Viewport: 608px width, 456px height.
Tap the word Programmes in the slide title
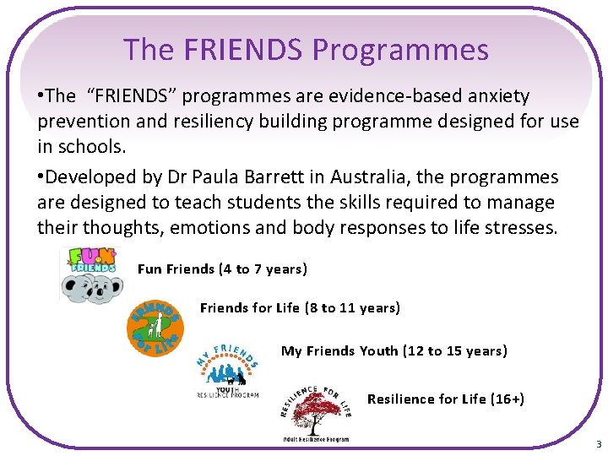coord(400,50)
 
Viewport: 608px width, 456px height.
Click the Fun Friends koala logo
coord(93,274)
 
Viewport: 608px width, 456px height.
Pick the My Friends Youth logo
coord(227,367)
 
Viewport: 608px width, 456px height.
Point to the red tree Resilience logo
coord(315,410)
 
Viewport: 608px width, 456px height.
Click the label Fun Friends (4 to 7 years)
coord(222,269)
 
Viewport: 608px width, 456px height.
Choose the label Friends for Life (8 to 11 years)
coord(300,308)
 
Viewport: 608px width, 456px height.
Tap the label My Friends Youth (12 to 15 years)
coord(394,350)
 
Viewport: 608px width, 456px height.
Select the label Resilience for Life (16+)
coord(446,399)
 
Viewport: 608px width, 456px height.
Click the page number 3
coord(598,444)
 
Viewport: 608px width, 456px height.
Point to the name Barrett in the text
coord(279,177)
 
